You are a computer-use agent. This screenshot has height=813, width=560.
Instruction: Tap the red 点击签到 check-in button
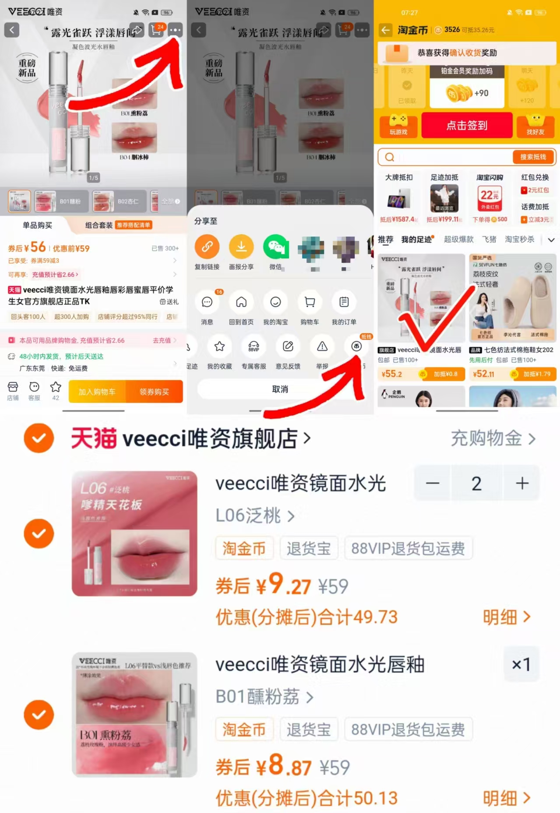[467, 125]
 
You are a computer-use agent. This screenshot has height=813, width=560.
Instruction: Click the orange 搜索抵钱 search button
[533, 157]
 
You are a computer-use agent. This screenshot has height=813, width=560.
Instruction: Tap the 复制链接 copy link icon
[207, 247]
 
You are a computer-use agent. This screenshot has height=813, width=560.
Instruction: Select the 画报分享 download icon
[241, 247]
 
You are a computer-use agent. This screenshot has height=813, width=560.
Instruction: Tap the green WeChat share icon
[275, 247]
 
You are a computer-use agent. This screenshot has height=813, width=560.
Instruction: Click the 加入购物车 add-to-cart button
[97, 392]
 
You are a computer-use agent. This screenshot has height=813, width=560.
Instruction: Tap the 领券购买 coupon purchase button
[154, 392]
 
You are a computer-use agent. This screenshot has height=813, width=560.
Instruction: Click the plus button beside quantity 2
[522, 484]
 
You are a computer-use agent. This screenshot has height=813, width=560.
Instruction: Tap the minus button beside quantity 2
[433, 484]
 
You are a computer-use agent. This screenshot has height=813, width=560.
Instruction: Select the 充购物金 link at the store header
[493, 438]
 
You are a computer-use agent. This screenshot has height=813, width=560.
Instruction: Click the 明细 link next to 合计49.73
[506, 617]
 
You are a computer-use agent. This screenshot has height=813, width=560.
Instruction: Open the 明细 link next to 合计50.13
[506, 798]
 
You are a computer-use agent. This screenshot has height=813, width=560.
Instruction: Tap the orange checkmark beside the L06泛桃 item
[39, 534]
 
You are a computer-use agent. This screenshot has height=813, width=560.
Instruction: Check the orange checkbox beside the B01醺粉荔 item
[39, 714]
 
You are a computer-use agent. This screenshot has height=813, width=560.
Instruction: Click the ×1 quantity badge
[521, 665]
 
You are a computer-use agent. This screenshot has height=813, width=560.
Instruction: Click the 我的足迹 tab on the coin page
[416, 239]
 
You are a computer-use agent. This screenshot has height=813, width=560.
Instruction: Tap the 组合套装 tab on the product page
[99, 225]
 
